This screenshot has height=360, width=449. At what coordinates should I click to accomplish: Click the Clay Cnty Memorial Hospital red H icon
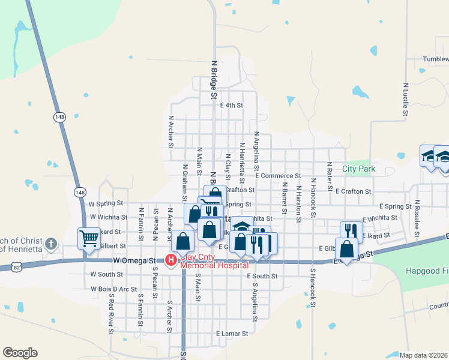(170, 260)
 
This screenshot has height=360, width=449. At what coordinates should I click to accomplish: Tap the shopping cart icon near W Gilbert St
(89, 238)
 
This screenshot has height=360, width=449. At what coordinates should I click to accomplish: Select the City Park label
(358, 169)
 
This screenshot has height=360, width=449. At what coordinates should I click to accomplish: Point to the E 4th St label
(231, 105)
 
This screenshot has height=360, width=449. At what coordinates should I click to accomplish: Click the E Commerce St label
(277, 176)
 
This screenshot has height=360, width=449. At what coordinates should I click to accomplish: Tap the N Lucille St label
(406, 99)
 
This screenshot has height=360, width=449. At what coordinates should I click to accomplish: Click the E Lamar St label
(232, 333)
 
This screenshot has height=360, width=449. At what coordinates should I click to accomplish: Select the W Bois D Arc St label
(114, 289)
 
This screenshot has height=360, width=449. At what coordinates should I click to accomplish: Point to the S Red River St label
(111, 310)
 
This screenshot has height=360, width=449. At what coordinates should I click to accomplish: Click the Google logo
(20, 353)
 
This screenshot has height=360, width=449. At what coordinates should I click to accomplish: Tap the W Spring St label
(106, 203)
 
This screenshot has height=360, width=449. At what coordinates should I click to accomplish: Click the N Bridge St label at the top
(213, 78)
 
